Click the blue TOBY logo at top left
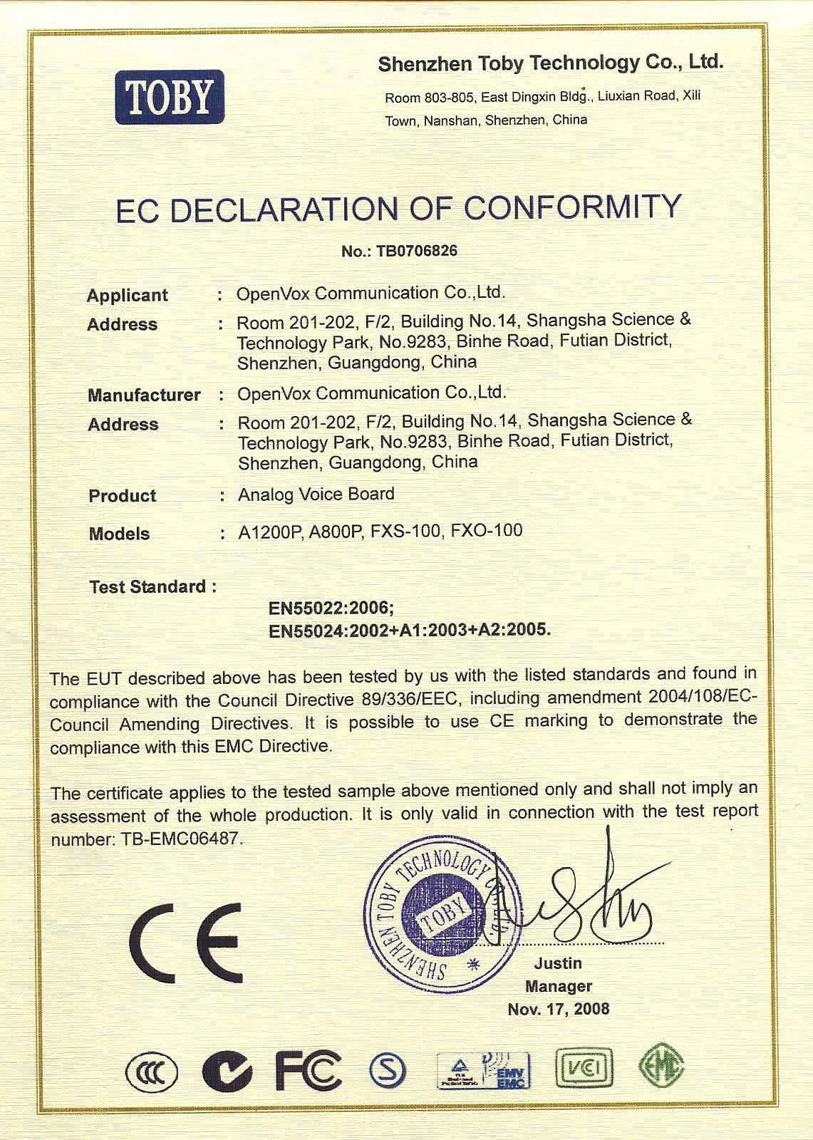click(x=170, y=97)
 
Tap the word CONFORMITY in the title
click(x=573, y=207)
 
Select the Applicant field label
click(x=127, y=295)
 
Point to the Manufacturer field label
click(x=144, y=395)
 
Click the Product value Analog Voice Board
click(x=316, y=494)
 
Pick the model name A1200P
click(x=271, y=532)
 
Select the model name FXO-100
click(x=487, y=531)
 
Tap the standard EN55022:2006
click(x=331, y=608)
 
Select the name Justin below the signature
click(x=558, y=963)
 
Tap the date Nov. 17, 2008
click(x=558, y=1009)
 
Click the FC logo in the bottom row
click(x=309, y=1071)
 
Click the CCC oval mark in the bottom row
click(x=151, y=1073)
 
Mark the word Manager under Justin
click(x=559, y=986)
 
